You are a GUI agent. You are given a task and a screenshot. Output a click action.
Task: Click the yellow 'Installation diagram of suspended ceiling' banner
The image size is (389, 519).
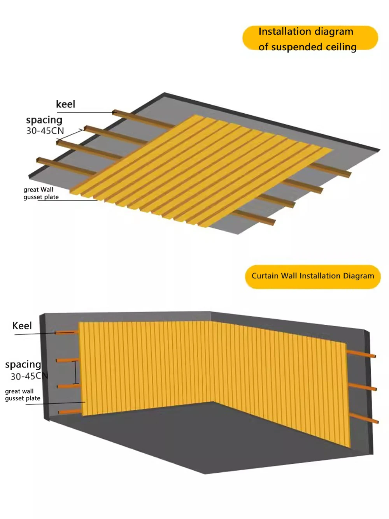(x=310, y=38)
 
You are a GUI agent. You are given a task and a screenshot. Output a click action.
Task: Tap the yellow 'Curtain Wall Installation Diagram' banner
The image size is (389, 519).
(x=312, y=276)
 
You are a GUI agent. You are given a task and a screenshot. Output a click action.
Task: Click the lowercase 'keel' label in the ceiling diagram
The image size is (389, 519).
(x=65, y=104)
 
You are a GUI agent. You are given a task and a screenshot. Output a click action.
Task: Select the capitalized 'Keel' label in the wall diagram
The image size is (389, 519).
(x=22, y=326)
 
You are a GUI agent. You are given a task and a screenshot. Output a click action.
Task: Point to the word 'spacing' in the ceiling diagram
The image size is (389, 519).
(x=44, y=120)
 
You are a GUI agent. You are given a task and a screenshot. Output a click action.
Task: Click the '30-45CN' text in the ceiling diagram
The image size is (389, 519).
(x=45, y=131)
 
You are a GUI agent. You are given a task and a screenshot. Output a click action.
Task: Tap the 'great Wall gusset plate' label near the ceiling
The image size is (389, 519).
(x=40, y=194)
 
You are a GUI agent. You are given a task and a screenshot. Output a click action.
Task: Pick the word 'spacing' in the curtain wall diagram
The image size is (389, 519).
(x=23, y=364)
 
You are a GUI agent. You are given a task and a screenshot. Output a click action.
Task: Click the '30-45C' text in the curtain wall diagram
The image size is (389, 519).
(x=26, y=376)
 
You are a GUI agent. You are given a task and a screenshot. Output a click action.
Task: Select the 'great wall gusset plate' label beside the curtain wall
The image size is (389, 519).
(x=23, y=395)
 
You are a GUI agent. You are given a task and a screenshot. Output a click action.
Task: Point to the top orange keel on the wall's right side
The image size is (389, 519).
(x=361, y=354)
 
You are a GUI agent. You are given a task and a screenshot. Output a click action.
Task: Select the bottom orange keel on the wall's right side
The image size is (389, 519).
(x=364, y=419)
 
